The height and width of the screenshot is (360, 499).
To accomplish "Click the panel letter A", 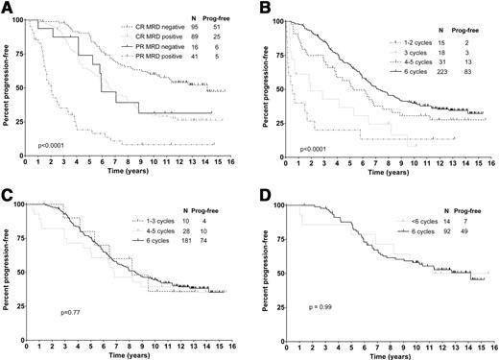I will point(8,9).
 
